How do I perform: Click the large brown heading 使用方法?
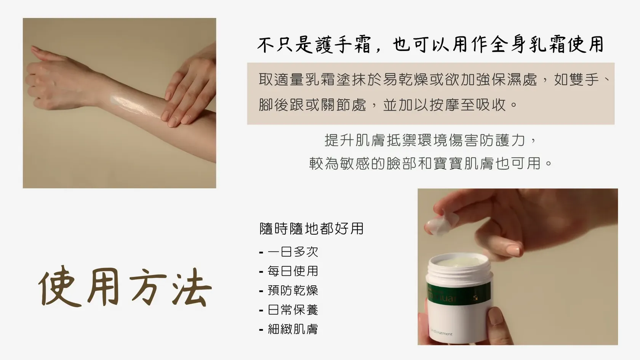125,287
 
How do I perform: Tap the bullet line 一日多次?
289,252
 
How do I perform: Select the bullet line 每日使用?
289,271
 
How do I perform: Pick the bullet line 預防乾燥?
289,291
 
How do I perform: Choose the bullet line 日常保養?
289,310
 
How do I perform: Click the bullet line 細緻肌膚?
289,330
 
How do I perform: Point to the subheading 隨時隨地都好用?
312,229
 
